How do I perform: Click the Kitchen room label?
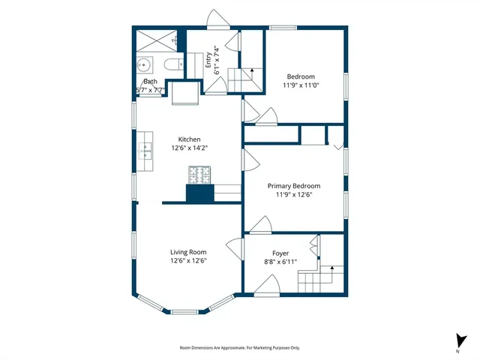click(x=189, y=139)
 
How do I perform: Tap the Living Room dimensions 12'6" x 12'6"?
click(x=188, y=261)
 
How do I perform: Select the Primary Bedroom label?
click(x=295, y=185)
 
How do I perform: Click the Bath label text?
click(x=151, y=81)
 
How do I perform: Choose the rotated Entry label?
click(x=209, y=61)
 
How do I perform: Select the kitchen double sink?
click(x=144, y=151)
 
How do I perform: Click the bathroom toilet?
click(x=172, y=65)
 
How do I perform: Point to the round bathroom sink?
click(x=144, y=64)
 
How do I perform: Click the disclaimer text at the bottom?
click(x=240, y=347)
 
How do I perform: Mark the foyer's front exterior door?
click(x=265, y=285)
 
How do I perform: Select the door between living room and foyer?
click(x=234, y=250)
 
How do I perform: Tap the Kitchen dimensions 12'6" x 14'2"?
click(x=188, y=148)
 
